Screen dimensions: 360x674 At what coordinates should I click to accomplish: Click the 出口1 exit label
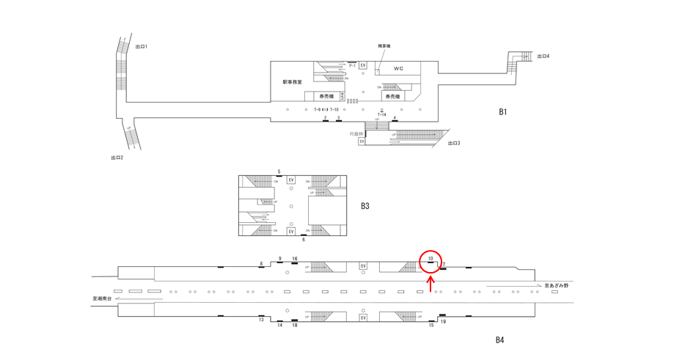point(142,47)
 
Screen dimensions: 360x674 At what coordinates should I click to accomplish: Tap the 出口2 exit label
point(117,158)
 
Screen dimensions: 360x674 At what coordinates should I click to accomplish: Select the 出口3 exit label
point(454,143)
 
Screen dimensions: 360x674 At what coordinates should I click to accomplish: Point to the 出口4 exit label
point(543,56)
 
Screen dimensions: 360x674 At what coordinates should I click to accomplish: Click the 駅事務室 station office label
point(292,82)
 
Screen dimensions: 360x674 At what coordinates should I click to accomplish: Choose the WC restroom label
point(398,69)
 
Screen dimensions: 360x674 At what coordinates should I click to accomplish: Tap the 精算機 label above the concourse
point(384,46)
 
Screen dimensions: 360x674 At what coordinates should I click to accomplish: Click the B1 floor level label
point(502,112)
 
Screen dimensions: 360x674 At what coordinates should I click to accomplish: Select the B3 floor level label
point(365,206)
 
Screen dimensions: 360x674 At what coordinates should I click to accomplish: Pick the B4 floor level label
point(499,339)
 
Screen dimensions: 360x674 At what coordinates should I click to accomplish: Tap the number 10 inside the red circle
point(431,259)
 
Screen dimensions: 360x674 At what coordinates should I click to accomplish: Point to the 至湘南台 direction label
point(102,298)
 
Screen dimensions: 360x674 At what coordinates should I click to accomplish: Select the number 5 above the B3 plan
point(279,172)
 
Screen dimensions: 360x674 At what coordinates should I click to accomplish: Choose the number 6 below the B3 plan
point(303,240)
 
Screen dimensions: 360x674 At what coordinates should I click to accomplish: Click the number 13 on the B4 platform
point(261,320)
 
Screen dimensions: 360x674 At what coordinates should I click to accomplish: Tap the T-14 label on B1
point(382,114)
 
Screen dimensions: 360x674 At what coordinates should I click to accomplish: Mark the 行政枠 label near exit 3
point(357,133)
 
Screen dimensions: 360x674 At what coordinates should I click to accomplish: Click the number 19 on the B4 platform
point(443,322)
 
